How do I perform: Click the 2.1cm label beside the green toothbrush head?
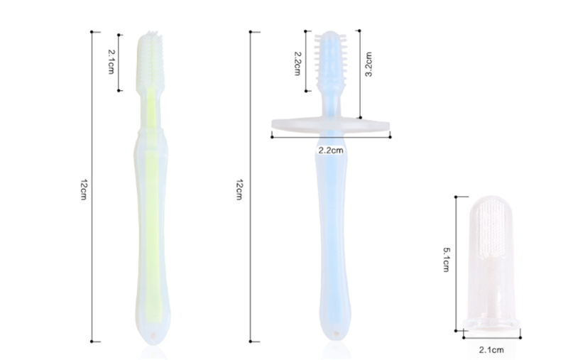tap(111, 62)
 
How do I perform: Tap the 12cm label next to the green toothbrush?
tap(83, 190)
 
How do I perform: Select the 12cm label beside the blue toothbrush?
tap(239, 190)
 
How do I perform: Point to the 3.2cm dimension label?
tap(368, 64)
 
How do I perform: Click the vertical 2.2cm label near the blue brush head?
tap(297, 63)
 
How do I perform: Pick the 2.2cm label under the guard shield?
tap(330, 150)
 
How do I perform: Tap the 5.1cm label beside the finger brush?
tap(447, 259)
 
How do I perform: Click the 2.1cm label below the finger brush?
tap(491, 350)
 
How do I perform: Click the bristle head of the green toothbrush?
tap(150, 60)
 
